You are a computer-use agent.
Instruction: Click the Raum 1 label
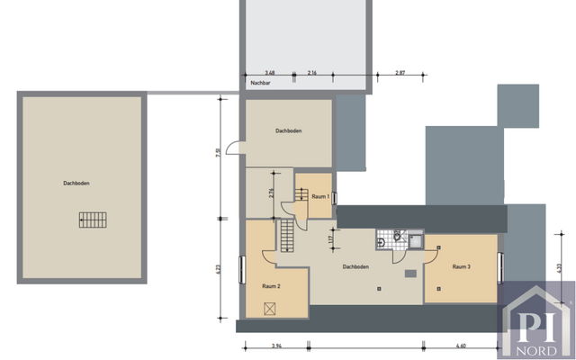tap(319, 196)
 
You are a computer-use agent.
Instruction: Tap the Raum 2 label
tap(271, 285)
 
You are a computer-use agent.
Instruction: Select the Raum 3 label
tap(463, 266)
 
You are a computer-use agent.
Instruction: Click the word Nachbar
tap(261, 82)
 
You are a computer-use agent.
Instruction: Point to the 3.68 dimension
tap(269, 72)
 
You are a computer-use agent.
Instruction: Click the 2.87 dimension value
tap(400, 72)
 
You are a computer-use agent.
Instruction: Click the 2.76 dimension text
tap(272, 193)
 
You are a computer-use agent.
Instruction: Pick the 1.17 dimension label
tap(331, 239)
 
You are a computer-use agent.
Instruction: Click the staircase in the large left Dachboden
tap(91, 219)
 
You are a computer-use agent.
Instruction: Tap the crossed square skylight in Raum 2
tap(270, 308)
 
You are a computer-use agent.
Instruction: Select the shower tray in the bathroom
tap(415, 239)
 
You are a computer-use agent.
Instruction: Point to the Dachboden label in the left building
tap(76, 184)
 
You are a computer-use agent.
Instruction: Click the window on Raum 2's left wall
tap(242, 269)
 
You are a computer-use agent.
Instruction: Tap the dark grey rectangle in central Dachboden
tap(410, 274)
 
